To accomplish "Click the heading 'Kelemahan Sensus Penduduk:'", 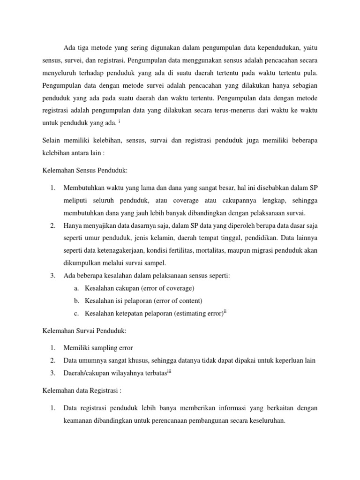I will pos(82,170).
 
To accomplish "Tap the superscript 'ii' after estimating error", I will pos(225,311).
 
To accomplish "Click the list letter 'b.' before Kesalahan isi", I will pos(77,300).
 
